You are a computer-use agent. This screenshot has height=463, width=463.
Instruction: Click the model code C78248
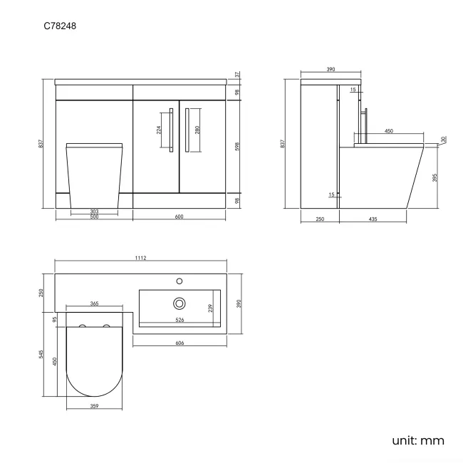click(60, 26)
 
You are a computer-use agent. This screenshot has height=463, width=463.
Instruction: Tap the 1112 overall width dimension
click(140, 258)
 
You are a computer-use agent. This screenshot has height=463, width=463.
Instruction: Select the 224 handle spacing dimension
click(159, 130)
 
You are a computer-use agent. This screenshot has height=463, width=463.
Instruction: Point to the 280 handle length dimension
click(197, 130)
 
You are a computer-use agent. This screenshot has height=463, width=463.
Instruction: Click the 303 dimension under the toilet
click(94, 211)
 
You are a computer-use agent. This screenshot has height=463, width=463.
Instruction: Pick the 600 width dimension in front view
click(179, 217)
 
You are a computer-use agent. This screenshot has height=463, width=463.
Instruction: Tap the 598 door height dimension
click(237, 147)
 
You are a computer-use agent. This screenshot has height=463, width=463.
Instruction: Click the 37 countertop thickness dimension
click(237, 75)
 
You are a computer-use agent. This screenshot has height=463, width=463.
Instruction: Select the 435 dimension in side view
click(373, 219)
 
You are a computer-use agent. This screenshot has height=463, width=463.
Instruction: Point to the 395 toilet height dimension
click(435, 177)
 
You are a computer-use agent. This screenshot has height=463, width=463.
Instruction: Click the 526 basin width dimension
click(180, 320)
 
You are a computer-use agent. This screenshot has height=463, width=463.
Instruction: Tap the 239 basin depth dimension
click(210, 308)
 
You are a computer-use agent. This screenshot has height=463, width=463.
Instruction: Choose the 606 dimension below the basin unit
click(180, 343)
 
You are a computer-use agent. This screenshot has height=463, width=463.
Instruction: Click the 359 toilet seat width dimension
click(94, 406)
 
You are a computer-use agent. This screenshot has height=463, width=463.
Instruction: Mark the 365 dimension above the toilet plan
click(94, 303)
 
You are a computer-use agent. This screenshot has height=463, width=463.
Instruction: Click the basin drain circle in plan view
click(180, 303)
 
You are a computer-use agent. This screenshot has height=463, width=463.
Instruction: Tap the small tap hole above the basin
click(180, 281)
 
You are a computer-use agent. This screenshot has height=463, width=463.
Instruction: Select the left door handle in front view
click(171, 130)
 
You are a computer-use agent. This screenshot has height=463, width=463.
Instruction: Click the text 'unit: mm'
click(418, 440)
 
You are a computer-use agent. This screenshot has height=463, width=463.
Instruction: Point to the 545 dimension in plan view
click(41, 354)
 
